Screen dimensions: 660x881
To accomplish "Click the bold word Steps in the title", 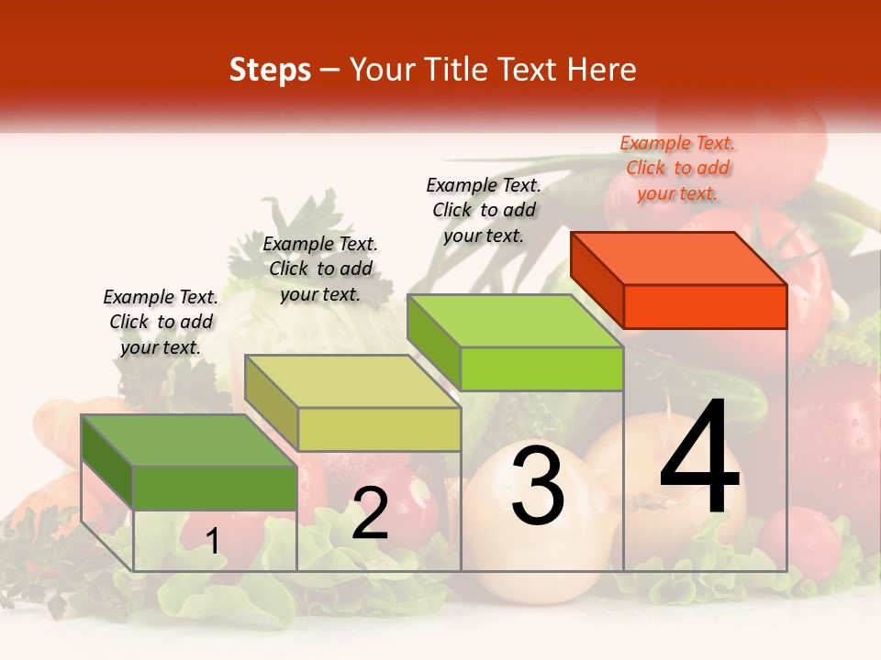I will tap(270, 70).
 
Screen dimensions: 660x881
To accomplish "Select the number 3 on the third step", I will tap(537, 485).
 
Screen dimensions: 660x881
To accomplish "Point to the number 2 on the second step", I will tap(370, 513).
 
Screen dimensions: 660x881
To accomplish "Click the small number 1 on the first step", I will tap(213, 541).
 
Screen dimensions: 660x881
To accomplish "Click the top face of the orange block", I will tap(677, 258).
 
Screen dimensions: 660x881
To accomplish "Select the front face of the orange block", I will tap(705, 306).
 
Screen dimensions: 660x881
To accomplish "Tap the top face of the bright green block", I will tap(514, 321).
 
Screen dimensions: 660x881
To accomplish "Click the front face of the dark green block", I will tap(215, 488).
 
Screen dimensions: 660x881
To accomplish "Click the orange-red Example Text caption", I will tap(677, 168).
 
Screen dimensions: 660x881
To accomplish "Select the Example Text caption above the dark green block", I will tap(161, 322).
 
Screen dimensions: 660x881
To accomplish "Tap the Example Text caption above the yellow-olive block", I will tap(320, 269).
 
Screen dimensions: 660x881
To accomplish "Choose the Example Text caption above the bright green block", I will tap(484, 210).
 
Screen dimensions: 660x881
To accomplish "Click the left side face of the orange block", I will tap(597, 278).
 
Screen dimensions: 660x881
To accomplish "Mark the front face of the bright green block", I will tap(541, 368).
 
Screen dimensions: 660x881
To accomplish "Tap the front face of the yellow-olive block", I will tap(379, 429).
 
